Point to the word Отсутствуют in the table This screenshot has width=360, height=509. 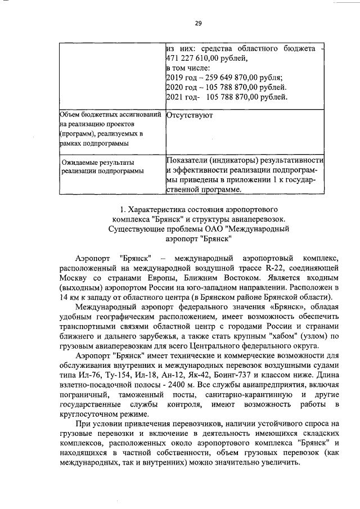point(190,115)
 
